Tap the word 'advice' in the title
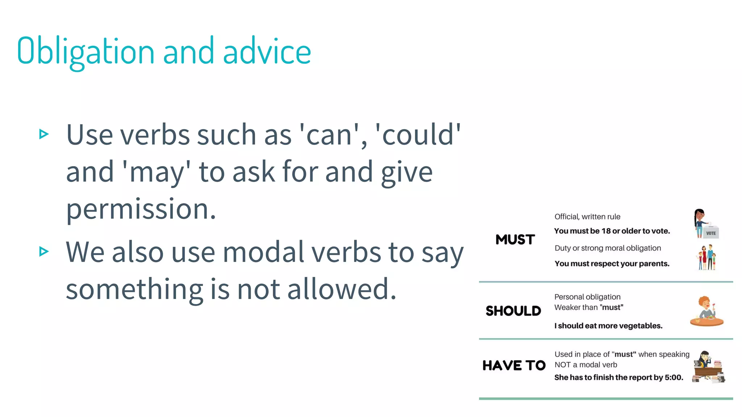267,51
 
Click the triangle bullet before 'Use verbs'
44,134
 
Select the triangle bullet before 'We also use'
44,251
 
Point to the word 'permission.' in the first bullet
141,209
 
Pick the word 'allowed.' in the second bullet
342,289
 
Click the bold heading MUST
515,240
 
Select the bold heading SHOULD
513,311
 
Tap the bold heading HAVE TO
514,366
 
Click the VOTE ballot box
711,233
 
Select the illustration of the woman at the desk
708,367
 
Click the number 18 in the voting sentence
606,231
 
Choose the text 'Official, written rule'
587,217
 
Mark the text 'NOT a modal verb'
585,365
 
